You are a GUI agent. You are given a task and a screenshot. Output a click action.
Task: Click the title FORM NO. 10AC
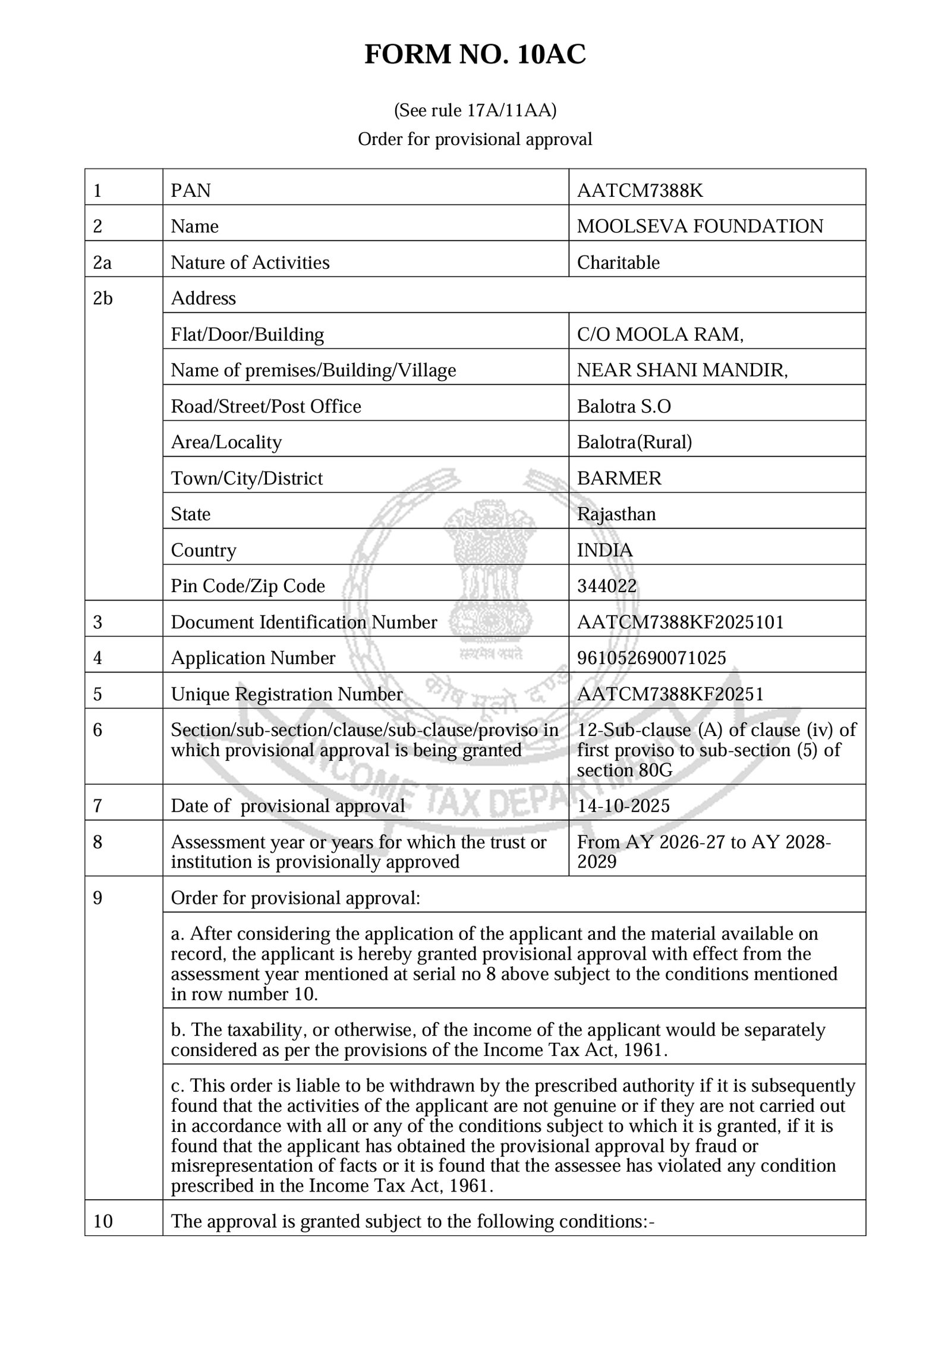[x=475, y=55]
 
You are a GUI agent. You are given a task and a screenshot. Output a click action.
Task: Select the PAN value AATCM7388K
[x=640, y=190]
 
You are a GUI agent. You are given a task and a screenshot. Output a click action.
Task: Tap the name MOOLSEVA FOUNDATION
[x=700, y=226]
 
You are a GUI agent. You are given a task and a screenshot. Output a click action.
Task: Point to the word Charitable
[x=618, y=262]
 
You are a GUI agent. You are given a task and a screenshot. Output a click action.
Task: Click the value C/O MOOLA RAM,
[x=660, y=334]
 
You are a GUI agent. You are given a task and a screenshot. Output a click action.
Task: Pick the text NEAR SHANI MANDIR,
[x=682, y=370]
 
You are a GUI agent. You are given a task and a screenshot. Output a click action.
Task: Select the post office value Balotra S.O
[x=623, y=406]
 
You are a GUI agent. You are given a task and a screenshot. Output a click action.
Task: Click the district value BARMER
[x=619, y=478]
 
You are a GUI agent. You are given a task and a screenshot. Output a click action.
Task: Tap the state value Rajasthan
[x=616, y=514]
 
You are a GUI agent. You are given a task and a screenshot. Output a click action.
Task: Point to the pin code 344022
[x=606, y=586]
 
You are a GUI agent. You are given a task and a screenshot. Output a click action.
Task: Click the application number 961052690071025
[x=651, y=658]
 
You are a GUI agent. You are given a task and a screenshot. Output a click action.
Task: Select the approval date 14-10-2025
[x=623, y=806]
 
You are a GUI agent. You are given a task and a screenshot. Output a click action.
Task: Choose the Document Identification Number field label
[x=304, y=622]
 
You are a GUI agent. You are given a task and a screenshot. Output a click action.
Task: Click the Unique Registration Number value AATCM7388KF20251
[x=670, y=694]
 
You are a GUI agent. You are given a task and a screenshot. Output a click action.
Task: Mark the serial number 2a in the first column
[x=102, y=262]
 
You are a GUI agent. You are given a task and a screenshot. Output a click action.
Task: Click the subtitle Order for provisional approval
[x=475, y=139]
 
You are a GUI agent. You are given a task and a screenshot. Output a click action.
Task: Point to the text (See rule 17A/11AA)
[x=475, y=111]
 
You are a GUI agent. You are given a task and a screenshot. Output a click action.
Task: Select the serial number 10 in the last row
[x=103, y=1221]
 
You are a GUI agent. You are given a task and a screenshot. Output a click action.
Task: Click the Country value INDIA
[x=604, y=550]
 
